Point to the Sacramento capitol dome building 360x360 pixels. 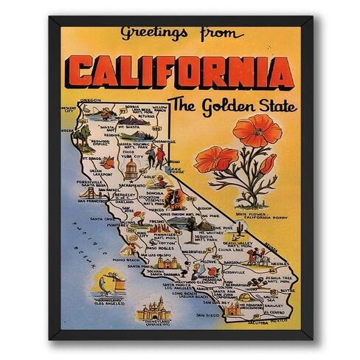[131, 169]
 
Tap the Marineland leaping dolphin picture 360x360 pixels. [108, 283]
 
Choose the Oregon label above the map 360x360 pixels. [89, 100]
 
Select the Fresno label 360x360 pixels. [157, 221]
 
